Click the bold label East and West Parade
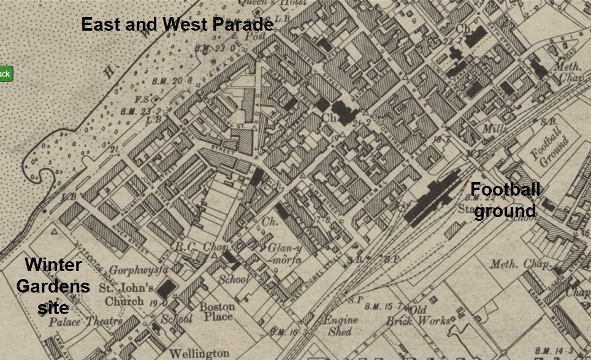177,25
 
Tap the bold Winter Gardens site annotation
53,286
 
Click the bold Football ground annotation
506,201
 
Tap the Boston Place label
218,312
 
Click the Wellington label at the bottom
199,353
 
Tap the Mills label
495,129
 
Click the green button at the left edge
5,74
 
